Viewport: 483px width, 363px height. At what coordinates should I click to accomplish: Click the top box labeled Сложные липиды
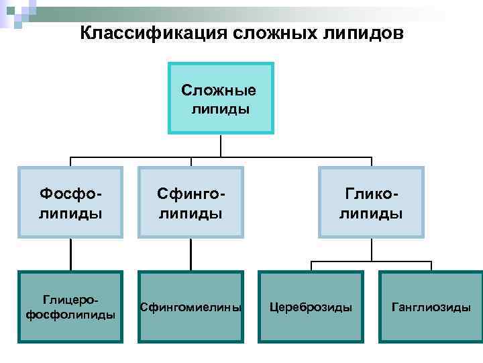tap(221, 98)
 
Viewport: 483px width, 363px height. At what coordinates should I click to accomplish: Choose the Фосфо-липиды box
tap(70, 202)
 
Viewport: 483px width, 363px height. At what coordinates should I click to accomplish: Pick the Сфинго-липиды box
tap(191, 202)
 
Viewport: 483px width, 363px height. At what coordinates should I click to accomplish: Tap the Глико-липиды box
tap(371, 202)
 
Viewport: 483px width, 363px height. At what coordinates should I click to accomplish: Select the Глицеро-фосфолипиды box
tap(70, 307)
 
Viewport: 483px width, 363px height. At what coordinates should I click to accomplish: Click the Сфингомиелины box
tap(191, 307)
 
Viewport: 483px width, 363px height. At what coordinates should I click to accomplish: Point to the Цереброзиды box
tap(311, 307)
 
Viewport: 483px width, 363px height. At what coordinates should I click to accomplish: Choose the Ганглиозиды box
tap(431, 307)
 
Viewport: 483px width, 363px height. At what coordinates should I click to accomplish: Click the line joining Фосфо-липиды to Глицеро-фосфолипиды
tap(70, 254)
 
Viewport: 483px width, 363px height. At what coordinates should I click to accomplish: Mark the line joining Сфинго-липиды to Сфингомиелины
tap(191, 254)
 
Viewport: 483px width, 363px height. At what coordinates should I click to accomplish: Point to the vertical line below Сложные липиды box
tap(221, 146)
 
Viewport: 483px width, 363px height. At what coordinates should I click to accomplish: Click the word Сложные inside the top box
tap(219, 89)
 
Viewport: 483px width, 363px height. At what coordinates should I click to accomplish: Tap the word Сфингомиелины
tap(191, 307)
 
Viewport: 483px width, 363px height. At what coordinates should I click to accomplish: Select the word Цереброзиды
tap(311, 307)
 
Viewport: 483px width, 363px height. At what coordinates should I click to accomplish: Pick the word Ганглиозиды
tap(431, 307)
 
